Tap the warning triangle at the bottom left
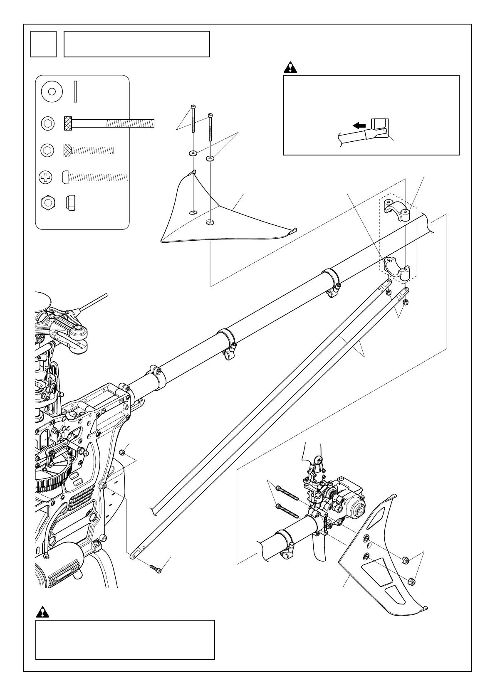(x=43, y=612)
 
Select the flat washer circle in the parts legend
(x=52, y=91)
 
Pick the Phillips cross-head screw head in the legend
(x=47, y=178)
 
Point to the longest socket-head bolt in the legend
(x=109, y=123)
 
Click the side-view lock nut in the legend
(x=70, y=203)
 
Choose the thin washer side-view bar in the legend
(x=75, y=91)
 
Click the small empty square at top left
(x=43, y=44)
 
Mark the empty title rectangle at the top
(x=136, y=44)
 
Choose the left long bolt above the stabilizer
(x=193, y=121)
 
